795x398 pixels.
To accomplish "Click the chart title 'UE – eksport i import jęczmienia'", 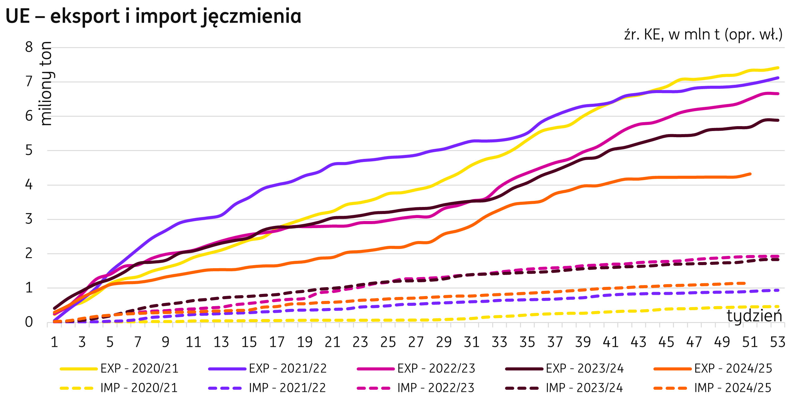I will pos(153,16).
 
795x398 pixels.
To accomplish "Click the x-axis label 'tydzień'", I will pos(754,316).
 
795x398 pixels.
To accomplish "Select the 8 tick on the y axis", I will pos(29,47).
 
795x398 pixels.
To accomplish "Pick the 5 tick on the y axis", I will pos(29,151).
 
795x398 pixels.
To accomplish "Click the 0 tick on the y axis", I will pos(29,322).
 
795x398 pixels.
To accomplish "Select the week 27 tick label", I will pos(416,342).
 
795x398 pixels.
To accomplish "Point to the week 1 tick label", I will pos(54,342).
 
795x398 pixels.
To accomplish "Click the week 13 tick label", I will pos(221,342).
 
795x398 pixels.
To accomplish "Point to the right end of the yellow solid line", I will pos(778,68).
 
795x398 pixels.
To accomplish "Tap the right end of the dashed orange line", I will pos(745,283).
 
